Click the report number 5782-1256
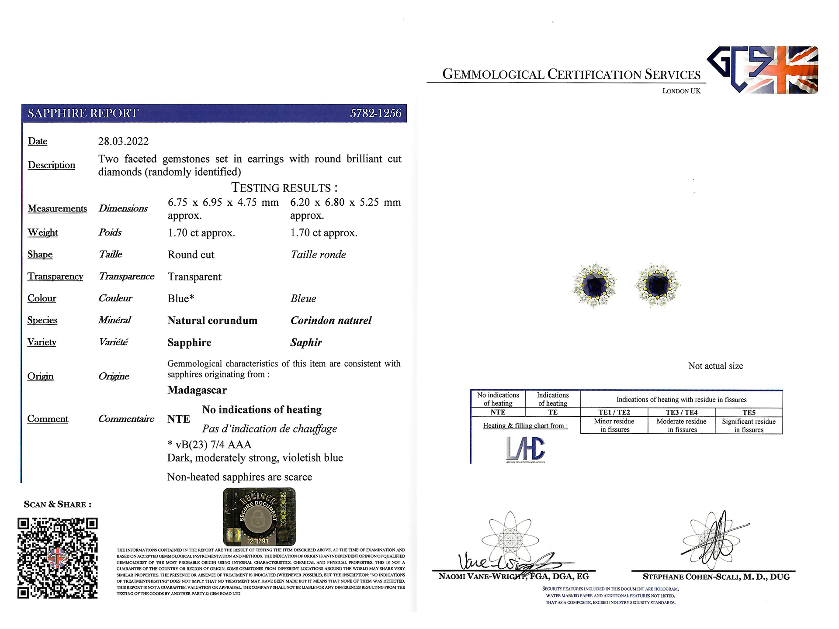[x=375, y=114]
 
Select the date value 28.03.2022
[x=123, y=142]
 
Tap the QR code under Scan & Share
[x=57, y=558]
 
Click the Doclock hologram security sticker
[x=259, y=516]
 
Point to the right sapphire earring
[x=658, y=285]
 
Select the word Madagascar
[x=197, y=390]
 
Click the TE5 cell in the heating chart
[x=749, y=412]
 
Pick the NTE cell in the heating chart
[x=498, y=412]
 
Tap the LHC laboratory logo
[x=525, y=449]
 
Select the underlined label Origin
[x=40, y=377]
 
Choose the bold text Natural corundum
[x=212, y=321]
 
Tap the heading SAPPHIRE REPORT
[x=83, y=114]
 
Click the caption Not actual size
[x=715, y=366]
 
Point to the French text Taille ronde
[x=318, y=255]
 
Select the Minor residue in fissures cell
[x=614, y=425]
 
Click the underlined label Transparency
[x=55, y=276]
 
